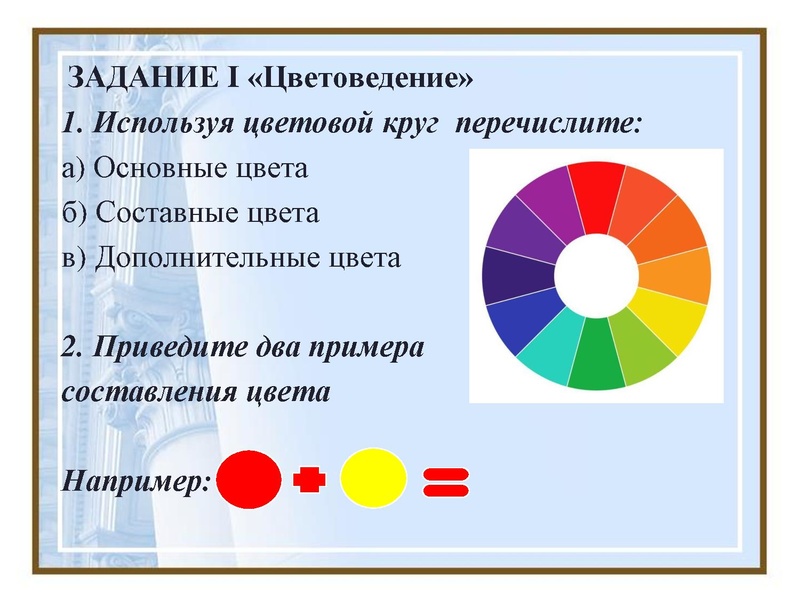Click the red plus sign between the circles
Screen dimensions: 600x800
click(310, 480)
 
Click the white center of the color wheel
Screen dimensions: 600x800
click(596, 275)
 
